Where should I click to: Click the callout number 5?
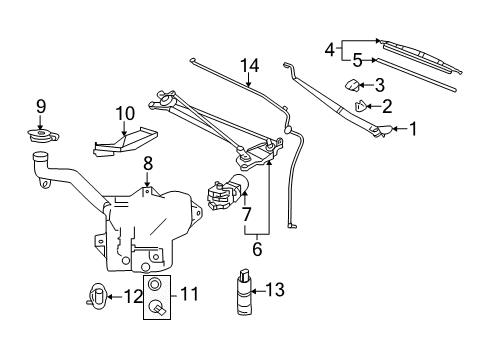click(357, 59)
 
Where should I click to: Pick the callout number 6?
click(255, 249)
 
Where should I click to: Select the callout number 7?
click(246, 214)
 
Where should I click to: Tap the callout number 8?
click(148, 163)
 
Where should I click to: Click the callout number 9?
click(41, 105)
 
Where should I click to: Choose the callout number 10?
click(123, 113)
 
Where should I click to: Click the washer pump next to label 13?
click(243, 293)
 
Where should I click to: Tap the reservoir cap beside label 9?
click(41, 137)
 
